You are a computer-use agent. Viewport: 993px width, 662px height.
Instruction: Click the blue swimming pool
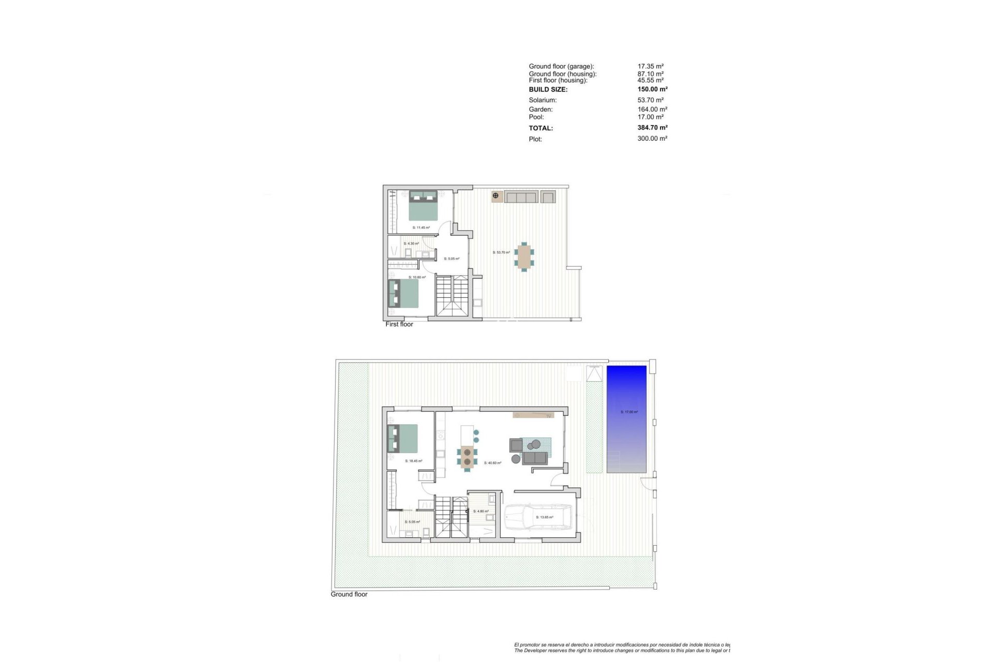pyautogui.click(x=626, y=419)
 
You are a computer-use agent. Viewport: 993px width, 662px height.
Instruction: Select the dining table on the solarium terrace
pyautogui.click(x=524, y=257)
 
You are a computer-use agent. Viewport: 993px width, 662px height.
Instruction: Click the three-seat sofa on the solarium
pyautogui.click(x=521, y=197)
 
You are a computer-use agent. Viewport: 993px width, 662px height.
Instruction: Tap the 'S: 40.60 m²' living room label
pyautogui.click(x=492, y=463)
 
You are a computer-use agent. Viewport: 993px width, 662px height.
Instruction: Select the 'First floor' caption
pyautogui.click(x=399, y=324)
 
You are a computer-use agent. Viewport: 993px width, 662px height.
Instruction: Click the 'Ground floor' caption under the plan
pyautogui.click(x=349, y=594)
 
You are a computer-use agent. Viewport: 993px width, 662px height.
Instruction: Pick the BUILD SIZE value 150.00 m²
pyautogui.click(x=652, y=89)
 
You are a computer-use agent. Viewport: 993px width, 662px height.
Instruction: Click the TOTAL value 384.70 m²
pyautogui.click(x=652, y=128)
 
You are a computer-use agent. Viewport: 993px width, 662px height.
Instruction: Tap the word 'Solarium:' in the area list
pyautogui.click(x=543, y=100)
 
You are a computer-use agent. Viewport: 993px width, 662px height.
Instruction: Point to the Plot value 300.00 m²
pyautogui.click(x=652, y=139)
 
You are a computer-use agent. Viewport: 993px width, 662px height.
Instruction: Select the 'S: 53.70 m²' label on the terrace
pyautogui.click(x=501, y=252)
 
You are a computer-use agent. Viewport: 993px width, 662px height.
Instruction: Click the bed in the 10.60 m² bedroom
pyautogui.click(x=403, y=294)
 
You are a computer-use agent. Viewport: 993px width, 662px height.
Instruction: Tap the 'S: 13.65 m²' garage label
pyautogui.click(x=545, y=517)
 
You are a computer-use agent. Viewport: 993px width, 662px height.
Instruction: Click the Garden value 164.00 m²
pyautogui.click(x=652, y=110)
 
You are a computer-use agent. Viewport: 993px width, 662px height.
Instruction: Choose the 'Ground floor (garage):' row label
pyautogui.click(x=561, y=66)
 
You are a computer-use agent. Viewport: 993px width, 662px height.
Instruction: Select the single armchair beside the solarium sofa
pyautogui.click(x=548, y=197)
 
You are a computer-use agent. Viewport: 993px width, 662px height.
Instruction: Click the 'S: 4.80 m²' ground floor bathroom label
pyautogui.click(x=481, y=511)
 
